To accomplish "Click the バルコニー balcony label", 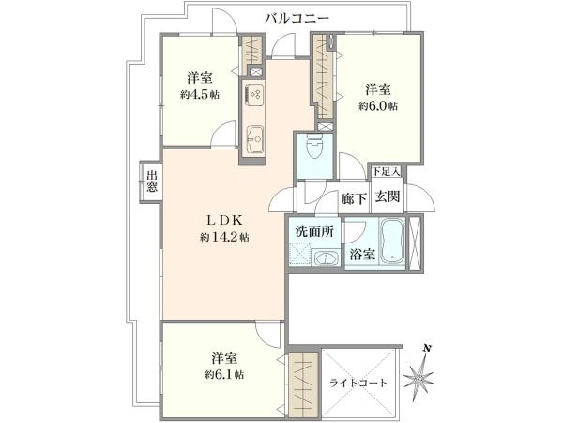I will pos(297,17).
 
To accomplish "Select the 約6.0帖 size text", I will pos(379,106).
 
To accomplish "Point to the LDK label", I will pos(225,221).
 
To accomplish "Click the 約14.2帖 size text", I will pos(225,238).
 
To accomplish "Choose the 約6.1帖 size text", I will pos(224,374).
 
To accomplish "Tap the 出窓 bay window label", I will pos(152,181).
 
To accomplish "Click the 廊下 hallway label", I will pos(354,197).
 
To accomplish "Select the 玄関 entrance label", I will pos(388,197).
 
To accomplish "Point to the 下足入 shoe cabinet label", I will pos(386,172).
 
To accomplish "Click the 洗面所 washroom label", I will pos(312,231).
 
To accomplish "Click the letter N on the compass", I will pos(427,350).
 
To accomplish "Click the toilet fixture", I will pos(314,149).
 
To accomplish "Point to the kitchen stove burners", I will pos(255,95).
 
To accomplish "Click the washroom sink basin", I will pos(324,258).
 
